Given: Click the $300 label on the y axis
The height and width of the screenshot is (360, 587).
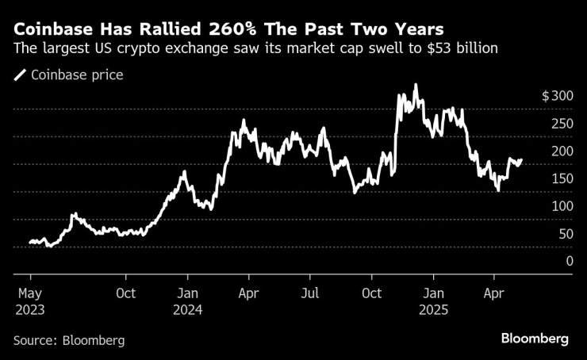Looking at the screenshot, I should (x=557, y=96).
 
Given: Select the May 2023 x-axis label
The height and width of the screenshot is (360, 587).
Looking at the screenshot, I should (x=30, y=301).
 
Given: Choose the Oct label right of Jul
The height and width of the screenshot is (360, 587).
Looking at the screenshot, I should (x=371, y=293).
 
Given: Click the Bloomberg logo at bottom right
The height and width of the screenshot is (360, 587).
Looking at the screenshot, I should (x=535, y=339).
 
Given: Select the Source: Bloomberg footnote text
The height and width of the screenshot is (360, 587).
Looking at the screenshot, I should (x=69, y=339).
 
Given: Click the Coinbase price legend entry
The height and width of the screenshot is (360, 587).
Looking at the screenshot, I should (x=69, y=75).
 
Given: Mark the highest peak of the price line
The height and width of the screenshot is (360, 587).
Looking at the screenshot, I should (x=416, y=85).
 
